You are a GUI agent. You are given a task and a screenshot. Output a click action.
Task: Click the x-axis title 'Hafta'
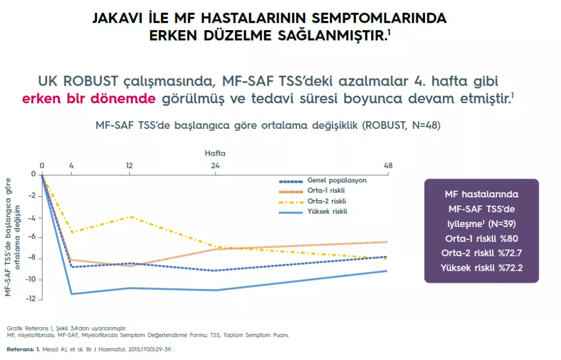point(215,154)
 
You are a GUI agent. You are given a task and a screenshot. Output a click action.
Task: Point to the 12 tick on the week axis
point(129,166)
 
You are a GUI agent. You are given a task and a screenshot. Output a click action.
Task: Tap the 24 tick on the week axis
point(215,166)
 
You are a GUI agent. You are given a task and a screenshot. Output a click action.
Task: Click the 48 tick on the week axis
point(388,166)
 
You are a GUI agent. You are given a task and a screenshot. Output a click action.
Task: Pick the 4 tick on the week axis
point(72,166)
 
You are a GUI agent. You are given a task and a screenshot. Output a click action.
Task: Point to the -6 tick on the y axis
point(32,237)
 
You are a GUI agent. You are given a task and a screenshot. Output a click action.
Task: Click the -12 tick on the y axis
point(31,299)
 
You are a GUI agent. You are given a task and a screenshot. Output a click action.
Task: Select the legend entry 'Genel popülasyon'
point(337,181)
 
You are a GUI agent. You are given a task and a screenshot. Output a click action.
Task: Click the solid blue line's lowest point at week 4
point(72,294)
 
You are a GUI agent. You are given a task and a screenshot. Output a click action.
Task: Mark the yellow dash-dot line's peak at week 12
point(129,217)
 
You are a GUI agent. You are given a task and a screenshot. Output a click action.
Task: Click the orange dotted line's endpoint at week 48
point(387,242)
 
